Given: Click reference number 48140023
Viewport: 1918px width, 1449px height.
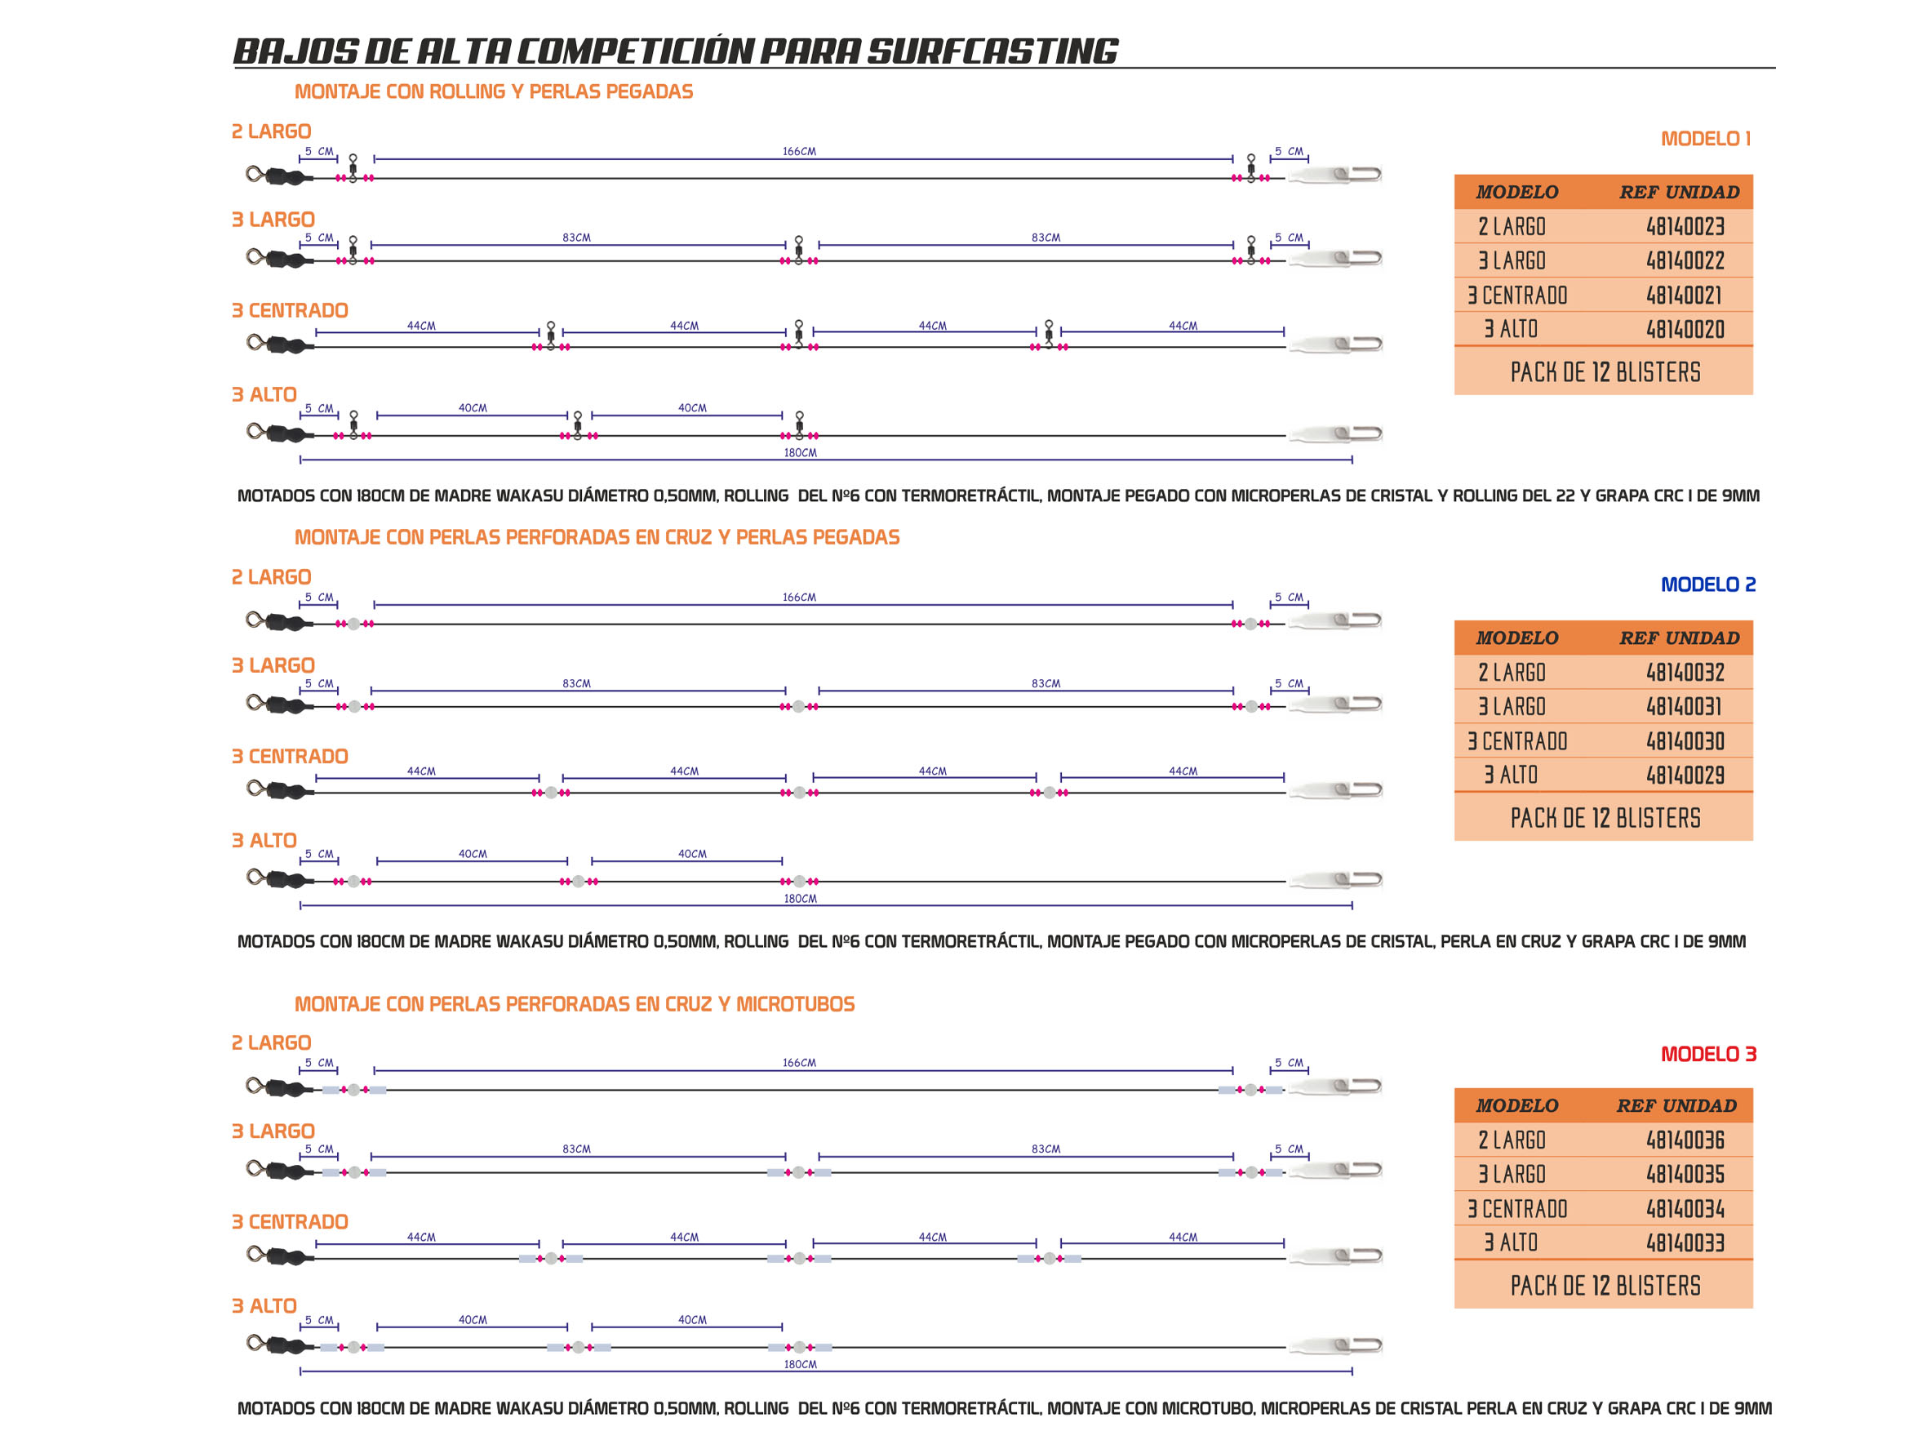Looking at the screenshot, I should tap(1685, 226).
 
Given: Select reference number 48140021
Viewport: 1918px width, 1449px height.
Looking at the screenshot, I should tap(1683, 295).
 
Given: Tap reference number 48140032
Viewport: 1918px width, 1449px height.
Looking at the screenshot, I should tap(1685, 672).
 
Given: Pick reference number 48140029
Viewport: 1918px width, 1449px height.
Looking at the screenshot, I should tap(1685, 775).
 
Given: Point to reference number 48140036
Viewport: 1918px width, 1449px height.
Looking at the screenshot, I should tap(1685, 1140).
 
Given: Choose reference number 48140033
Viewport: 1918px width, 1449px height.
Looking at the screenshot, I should tap(1685, 1242).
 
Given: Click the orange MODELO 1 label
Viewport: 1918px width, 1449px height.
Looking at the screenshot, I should tap(1705, 139).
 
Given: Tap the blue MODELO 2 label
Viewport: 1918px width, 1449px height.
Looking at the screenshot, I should tap(1707, 584).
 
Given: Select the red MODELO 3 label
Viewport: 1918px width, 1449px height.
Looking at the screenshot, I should tap(1707, 1054).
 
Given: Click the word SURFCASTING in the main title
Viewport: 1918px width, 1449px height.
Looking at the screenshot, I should tap(992, 51).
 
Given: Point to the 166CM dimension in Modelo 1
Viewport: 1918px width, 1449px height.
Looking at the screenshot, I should tap(798, 152).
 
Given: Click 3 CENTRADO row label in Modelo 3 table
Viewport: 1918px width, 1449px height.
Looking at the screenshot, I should tap(1516, 1208).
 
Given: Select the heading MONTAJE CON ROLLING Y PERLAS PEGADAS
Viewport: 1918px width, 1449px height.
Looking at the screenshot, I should tap(493, 91).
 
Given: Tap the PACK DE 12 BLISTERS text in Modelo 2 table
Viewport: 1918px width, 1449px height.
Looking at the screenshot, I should tap(1605, 818).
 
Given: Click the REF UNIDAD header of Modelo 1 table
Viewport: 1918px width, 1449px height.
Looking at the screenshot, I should tap(1679, 192).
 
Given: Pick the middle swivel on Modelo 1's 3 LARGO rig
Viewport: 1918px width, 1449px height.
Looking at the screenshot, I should tap(798, 249).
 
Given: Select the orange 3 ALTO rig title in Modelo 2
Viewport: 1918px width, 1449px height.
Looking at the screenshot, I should tap(264, 840).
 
